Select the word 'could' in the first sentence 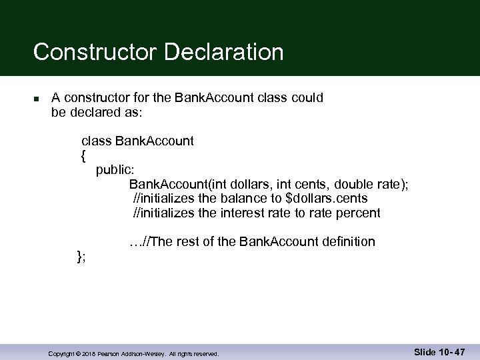tap(308, 98)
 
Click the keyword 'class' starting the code tap(96, 141)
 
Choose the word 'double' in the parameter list tap(356, 184)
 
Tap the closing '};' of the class tap(81, 255)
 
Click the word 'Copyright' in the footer tap(61, 354)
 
